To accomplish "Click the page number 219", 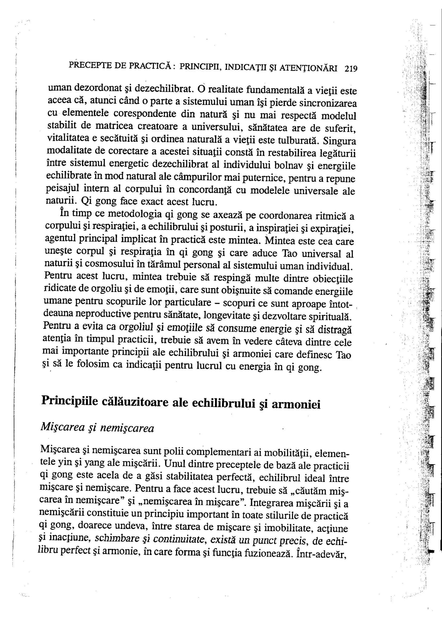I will pyautogui.click(x=351, y=69).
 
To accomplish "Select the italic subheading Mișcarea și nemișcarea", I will pyautogui.click(x=97, y=428).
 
